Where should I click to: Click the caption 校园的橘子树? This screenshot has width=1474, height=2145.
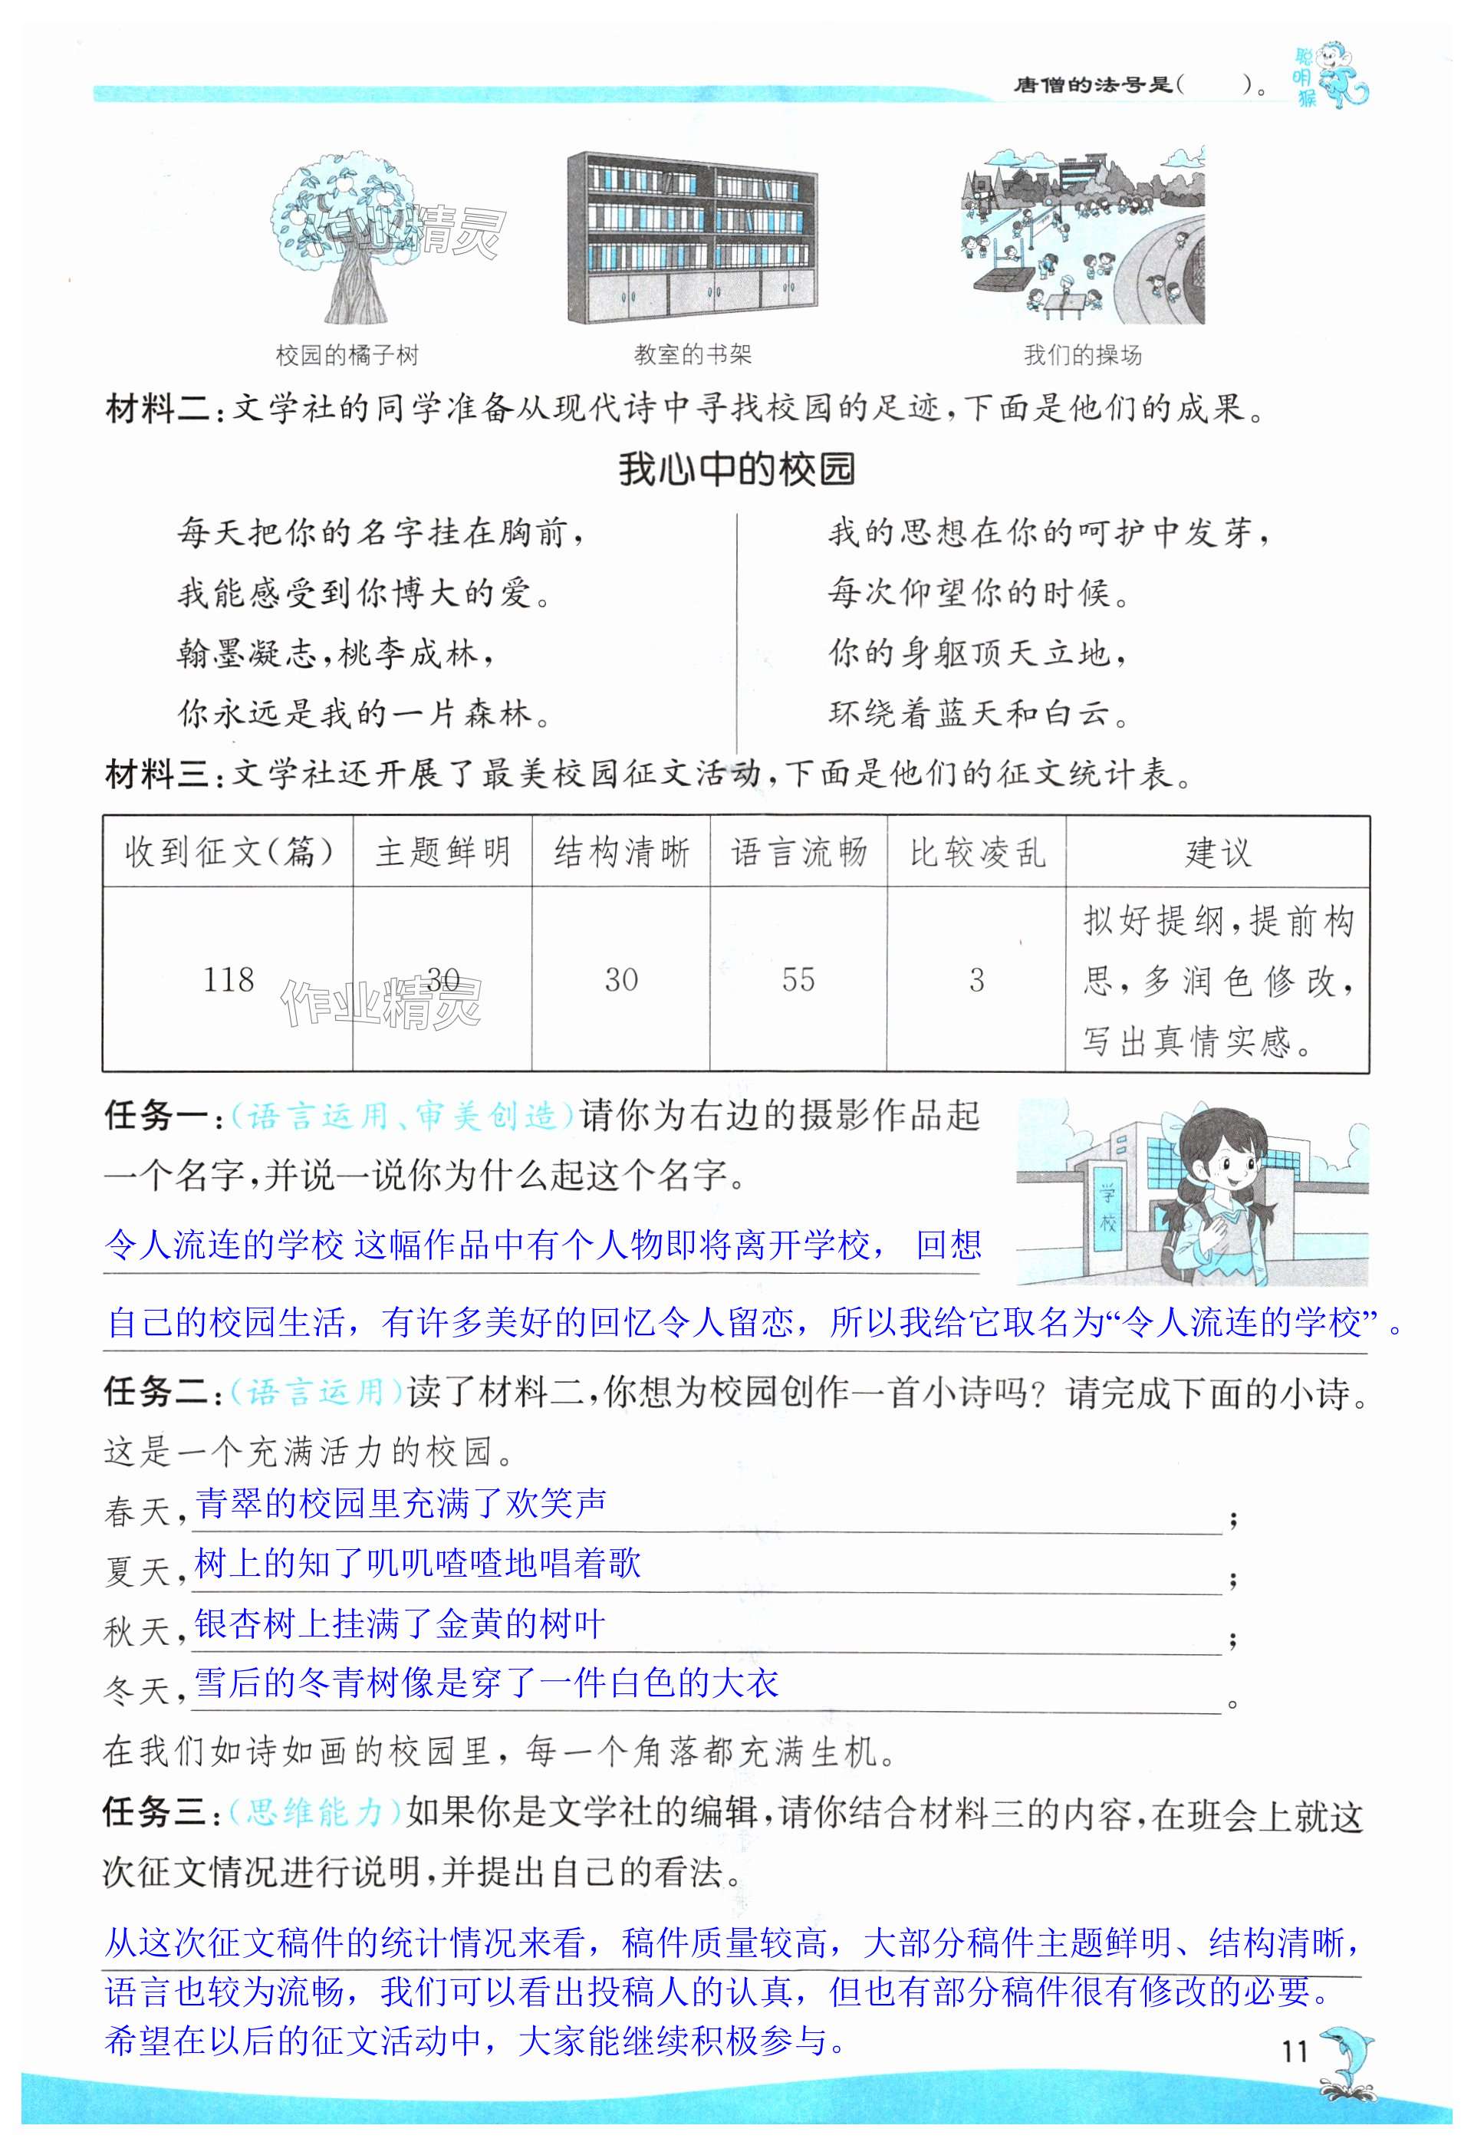pos(347,354)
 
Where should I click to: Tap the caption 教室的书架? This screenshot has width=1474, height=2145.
pos(692,354)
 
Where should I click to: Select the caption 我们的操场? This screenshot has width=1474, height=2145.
pos(1082,354)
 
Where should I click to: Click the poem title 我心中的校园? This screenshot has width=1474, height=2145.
pos(736,469)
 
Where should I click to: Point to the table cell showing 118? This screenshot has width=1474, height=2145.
pos(228,979)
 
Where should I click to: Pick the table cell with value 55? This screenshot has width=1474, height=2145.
pos(798,979)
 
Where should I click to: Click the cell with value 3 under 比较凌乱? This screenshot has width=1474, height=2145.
pos(976,979)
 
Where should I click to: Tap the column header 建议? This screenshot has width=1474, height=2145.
pos(1217,851)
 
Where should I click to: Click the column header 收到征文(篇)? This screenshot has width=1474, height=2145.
pos(228,851)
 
